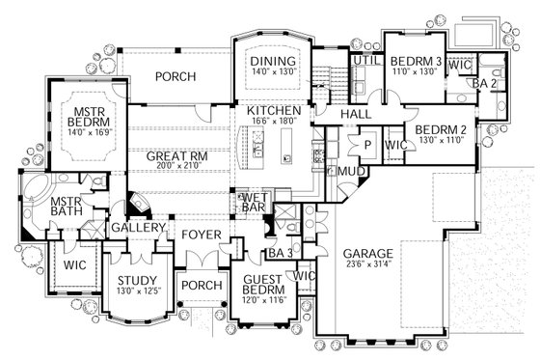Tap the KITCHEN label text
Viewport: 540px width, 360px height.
point(274,111)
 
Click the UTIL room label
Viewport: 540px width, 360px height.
point(363,60)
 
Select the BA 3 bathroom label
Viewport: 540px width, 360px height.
point(281,254)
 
